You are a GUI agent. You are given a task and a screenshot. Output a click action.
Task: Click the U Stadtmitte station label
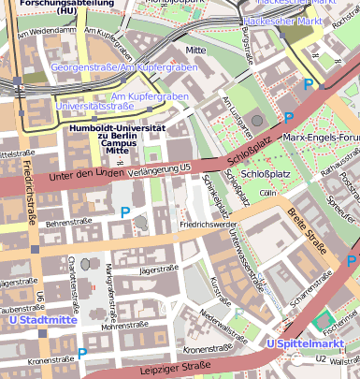pyautogui.click(x=41, y=320)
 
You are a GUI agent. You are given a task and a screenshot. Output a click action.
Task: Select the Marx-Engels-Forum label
pyautogui.click(x=321, y=138)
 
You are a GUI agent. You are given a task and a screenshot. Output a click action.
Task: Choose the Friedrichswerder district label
pyautogui.click(x=208, y=226)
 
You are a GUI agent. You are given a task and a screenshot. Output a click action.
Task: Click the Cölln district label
pyautogui.click(x=269, y=193)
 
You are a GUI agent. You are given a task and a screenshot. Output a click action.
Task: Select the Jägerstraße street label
pyautogui.click(x=157, y=270)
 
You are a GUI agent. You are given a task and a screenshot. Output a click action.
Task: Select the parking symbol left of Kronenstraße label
pyautogui.click(x=82, y=354)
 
